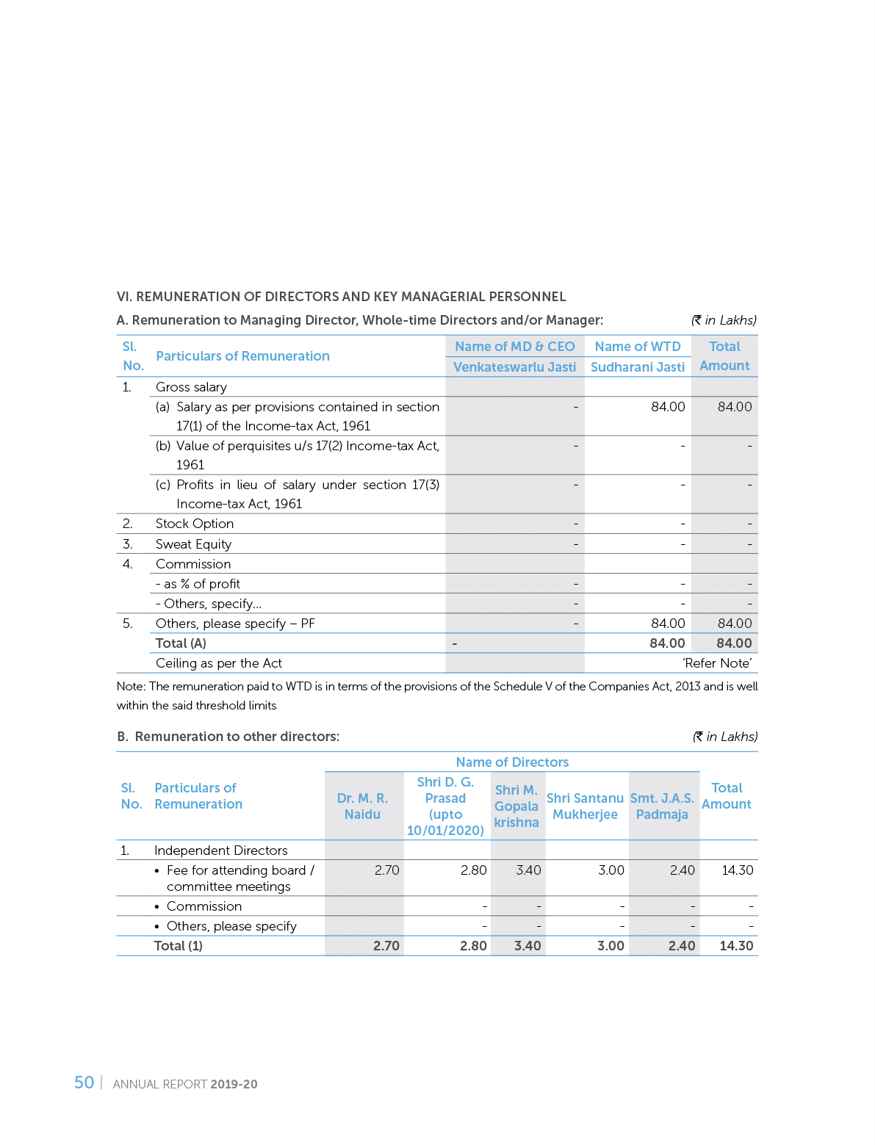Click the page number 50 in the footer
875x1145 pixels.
(84, 1083)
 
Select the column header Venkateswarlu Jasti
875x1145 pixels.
(514, 367)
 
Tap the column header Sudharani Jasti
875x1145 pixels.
(638, 367)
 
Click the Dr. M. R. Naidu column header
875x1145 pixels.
(362, 806)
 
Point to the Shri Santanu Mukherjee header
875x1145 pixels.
(586, 806)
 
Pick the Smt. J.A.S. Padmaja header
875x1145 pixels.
(662, 806)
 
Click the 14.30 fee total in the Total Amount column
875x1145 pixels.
(737, 870)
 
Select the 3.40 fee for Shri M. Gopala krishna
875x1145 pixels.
(528, 870)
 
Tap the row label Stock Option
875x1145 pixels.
(195, 524)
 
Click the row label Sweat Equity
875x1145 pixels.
(193, 544)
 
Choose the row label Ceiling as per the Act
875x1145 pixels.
(219, 663)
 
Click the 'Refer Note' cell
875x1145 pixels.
(717, 663)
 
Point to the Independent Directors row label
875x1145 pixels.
(220, 850)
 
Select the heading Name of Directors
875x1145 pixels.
(512, 762)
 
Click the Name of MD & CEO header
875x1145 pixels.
(514, 347)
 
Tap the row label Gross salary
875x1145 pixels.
(191, 387)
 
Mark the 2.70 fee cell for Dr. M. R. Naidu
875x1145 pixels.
(386, 870)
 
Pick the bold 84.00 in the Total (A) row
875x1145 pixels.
(734, 643)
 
